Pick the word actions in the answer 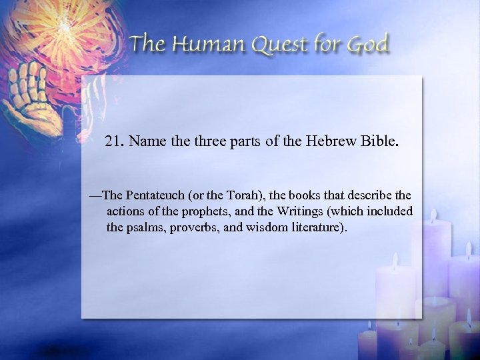(124, 211)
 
